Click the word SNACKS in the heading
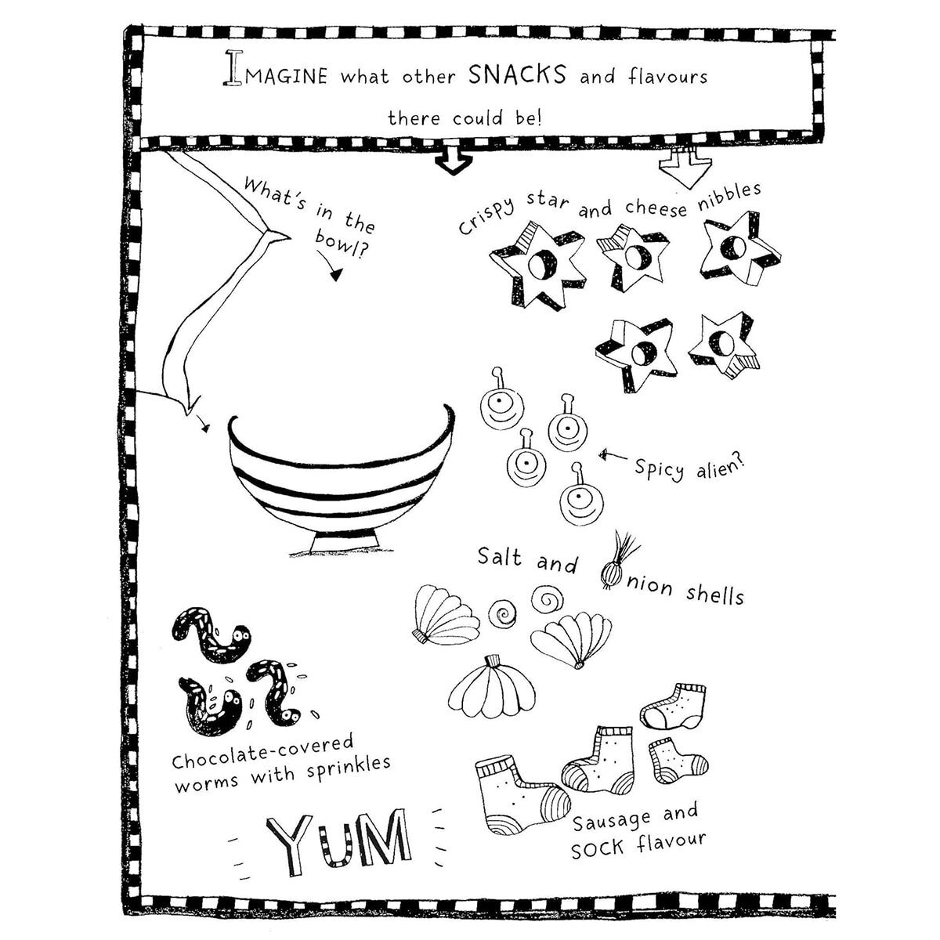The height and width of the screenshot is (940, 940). coord(517,74)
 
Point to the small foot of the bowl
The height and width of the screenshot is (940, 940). coord(345,542)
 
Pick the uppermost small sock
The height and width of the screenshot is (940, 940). coord(674,707)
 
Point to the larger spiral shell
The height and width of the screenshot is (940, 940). coord(547,599)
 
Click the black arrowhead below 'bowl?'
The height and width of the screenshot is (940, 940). coord(335,275)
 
